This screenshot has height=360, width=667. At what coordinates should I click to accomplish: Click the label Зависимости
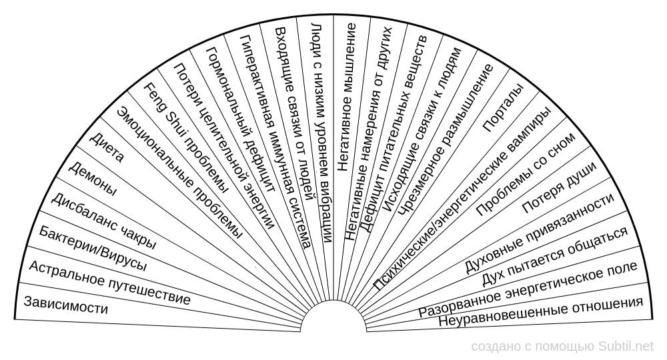point(66,305)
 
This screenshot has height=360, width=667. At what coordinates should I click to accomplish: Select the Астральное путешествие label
point(109,282)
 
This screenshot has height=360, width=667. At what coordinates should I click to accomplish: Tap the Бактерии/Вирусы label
point(93,249)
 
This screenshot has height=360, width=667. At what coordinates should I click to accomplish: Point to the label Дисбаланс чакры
point(103,221)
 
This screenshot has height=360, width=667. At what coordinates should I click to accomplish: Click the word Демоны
point(92,179)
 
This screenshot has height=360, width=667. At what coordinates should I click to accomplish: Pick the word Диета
point(107,147)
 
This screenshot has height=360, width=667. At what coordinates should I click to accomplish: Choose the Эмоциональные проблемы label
point(180,173)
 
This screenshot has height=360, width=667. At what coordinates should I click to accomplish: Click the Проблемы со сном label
point(526,174)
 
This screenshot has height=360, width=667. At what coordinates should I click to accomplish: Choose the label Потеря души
point(560,187)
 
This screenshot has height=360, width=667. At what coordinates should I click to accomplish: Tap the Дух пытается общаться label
point(555,256)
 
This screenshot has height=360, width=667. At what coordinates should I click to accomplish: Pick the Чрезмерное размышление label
point(445,140)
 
